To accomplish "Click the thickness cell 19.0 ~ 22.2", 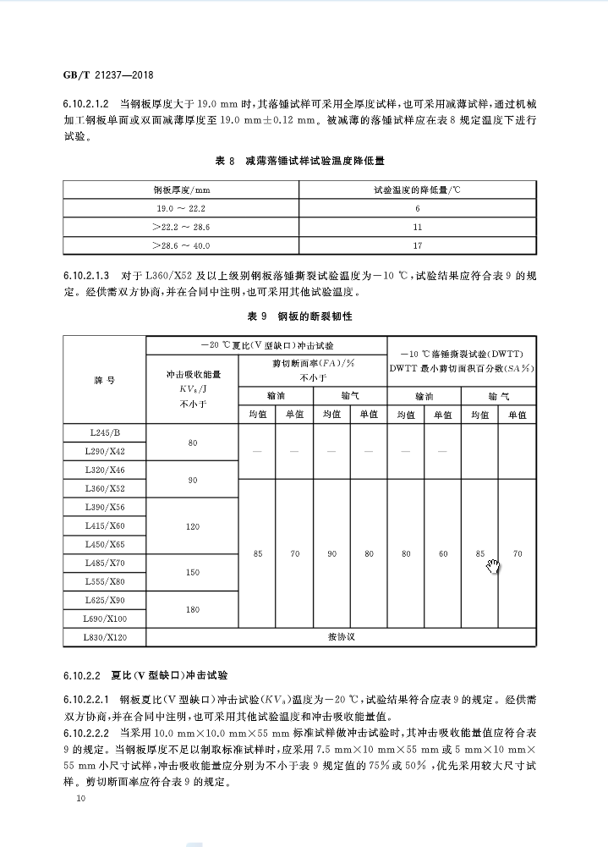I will pos(180,208).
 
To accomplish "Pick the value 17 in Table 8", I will pos(417,245).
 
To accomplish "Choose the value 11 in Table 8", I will pos(417,227).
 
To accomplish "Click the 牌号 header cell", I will pos(104,380).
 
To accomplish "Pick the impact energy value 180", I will pos(193,609).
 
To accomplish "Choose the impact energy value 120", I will pos(193,526).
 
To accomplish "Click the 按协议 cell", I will pos(342,637).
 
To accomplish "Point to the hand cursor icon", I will pos(494,564).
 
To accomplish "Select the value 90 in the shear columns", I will pos(331,554).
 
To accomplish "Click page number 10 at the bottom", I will pos(80,798).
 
